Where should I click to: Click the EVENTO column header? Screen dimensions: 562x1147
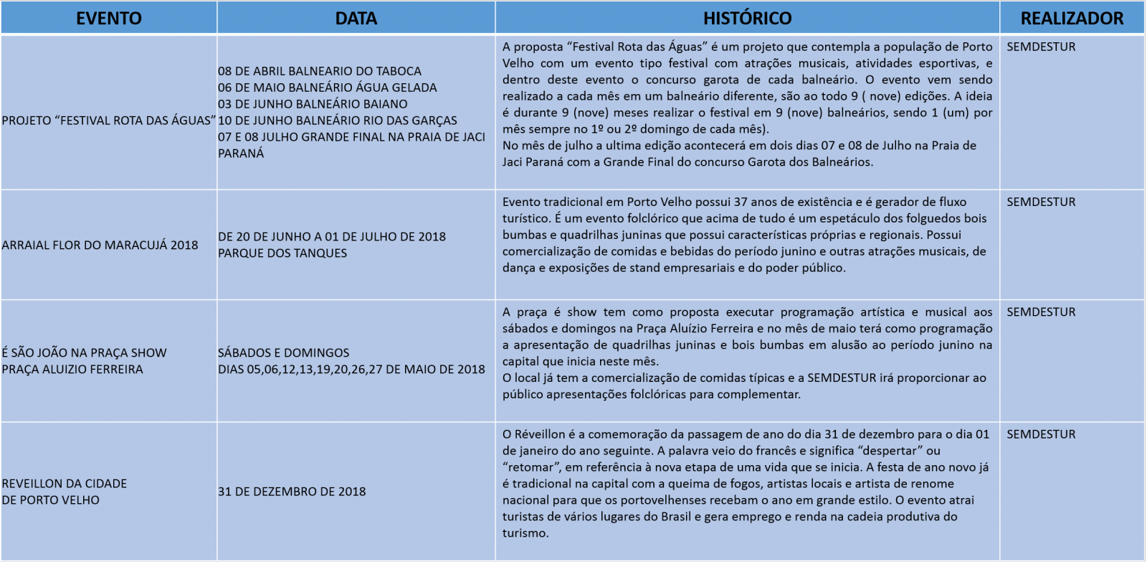coord(109,18)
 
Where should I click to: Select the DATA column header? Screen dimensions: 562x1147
coord(356,18)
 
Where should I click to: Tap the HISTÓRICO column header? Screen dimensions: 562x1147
coord(747,18)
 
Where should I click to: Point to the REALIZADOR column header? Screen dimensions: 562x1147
coord(1072,18)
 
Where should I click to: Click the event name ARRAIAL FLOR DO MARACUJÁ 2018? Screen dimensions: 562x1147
coord(100,245)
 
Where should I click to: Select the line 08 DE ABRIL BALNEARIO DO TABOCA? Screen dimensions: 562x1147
coord(320,71)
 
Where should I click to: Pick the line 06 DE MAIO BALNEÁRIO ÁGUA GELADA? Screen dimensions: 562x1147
coord(328,88)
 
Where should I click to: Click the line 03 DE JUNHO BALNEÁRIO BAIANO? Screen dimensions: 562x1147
coord(313,104)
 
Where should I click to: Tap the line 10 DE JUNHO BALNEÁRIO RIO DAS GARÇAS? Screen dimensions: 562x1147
coord(338,121)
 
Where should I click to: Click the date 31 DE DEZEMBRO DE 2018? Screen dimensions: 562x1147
coord(292,492)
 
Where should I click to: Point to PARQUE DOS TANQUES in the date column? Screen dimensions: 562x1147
coord(282,253)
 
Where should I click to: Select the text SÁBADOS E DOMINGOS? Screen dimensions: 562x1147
coord(284,353)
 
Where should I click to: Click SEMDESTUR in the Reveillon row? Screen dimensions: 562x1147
coord(1041,434)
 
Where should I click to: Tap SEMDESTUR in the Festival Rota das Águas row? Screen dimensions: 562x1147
coord(1041,47)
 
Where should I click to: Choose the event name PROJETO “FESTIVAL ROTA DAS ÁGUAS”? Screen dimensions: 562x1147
coord(108,121)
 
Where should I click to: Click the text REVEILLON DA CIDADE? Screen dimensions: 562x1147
coord(65,484)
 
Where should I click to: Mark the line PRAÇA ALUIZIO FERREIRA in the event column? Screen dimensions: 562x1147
coord(72,370)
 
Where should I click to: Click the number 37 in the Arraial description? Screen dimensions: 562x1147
coord(741,202)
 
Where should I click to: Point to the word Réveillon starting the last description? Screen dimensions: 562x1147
coord(538,434)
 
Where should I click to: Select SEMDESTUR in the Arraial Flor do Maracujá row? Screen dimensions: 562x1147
coord(1041,202)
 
